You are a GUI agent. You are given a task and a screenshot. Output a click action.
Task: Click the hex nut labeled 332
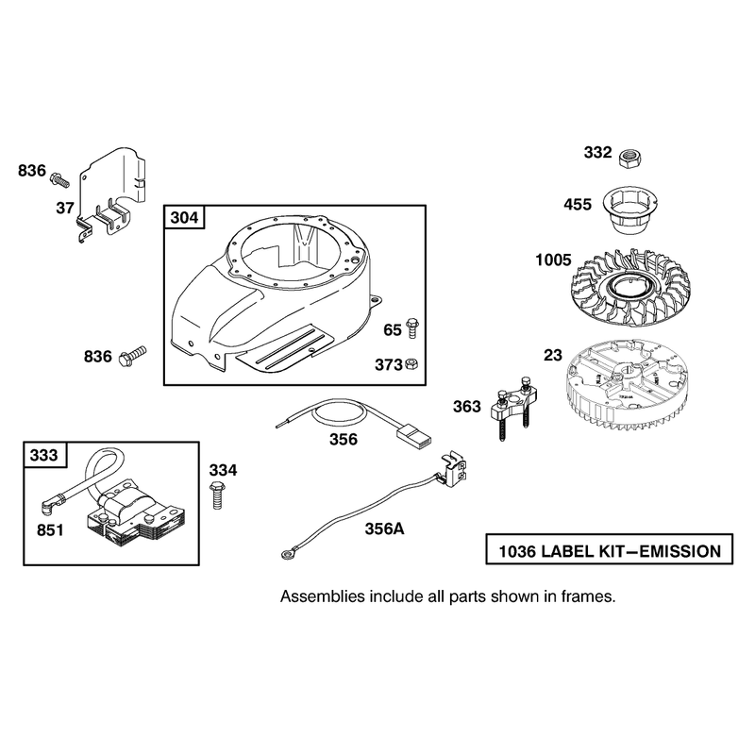(x=630, y=159)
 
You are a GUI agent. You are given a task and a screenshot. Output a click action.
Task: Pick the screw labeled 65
(x=412, y=328)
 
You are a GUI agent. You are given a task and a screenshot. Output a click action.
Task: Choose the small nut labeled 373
(x=411, y=364)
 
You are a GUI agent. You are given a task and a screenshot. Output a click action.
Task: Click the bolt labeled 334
(x=217, y=495)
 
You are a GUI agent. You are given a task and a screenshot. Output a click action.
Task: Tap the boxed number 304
(x=184, y=218)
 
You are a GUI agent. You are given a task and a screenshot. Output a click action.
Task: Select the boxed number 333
(x=43, y=455)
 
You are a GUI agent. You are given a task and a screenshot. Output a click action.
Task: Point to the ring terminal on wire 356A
(x=288, y=555)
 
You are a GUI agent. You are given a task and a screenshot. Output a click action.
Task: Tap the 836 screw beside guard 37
(x=59, y=179)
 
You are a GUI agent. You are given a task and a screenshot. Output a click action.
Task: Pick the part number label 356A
(x=384, y=528)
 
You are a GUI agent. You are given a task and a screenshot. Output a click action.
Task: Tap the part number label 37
(x=65, y=208)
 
